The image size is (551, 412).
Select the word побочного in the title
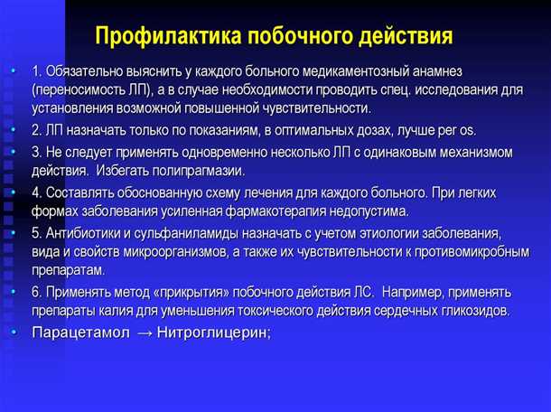294,37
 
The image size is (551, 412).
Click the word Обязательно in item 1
88,71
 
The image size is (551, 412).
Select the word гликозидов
474,311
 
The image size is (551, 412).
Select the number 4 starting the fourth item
35,192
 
